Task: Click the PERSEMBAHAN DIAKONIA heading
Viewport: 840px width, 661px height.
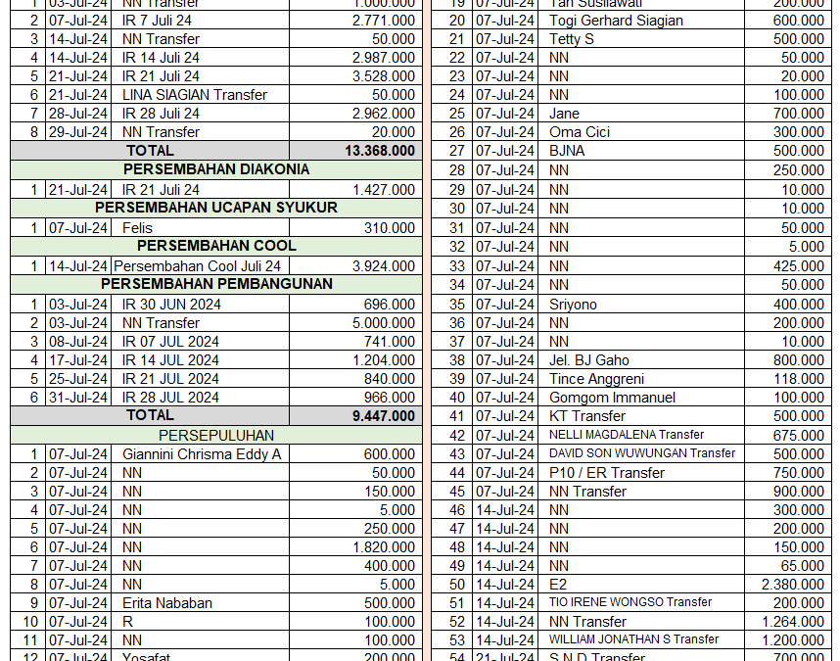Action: coord(216,169)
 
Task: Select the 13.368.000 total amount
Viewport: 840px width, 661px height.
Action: coord(380,151)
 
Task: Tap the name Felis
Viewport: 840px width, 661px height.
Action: coord(137,227)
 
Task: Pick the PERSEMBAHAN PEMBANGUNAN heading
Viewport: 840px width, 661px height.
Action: coord(216,284)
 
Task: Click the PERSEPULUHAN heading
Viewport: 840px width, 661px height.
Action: coord(216,435)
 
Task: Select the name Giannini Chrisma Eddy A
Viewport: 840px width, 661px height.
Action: coord(202,454)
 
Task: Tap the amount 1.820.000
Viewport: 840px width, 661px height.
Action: coord(384,547)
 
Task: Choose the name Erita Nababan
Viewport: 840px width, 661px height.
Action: coord(166,603)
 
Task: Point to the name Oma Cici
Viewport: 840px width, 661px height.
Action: coord(580,132)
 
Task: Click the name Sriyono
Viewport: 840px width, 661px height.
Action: coord(577,304)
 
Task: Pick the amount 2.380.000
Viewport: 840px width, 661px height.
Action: coord(793,585)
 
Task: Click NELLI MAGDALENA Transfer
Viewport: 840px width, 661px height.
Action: coord(627,435)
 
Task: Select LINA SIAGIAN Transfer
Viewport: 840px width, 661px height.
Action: coord(195,95)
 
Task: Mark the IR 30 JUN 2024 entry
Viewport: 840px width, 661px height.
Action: coord(171,304)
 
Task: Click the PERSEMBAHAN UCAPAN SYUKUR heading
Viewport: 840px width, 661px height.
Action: coord(216,208)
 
